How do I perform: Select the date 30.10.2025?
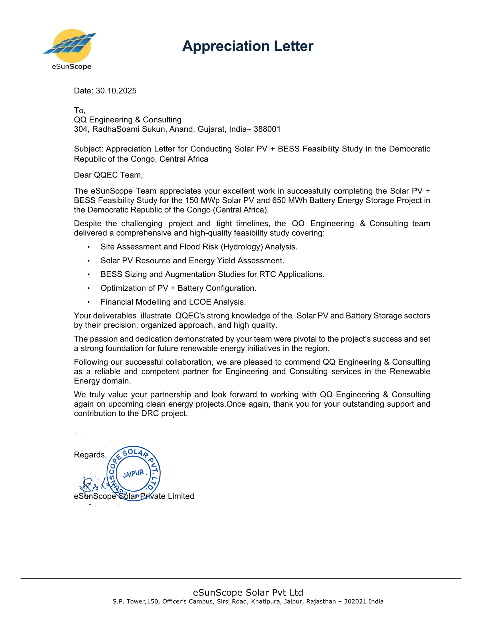[116, 91]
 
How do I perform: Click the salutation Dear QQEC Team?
[108, 175]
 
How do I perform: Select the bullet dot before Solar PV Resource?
[89, 261]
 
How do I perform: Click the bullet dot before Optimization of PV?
[89, 288]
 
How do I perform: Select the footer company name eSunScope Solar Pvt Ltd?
[248, 593]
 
